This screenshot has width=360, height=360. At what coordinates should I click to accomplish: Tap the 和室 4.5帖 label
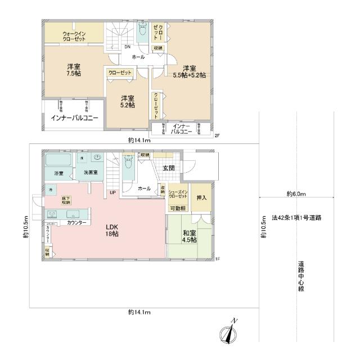click(x=189, y=236)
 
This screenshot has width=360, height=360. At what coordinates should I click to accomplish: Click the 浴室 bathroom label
click(x=58, y=173)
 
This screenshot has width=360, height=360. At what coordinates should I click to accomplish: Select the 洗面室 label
click(x=91, y=172)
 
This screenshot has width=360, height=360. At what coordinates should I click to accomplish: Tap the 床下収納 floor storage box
click(x=66, y=200)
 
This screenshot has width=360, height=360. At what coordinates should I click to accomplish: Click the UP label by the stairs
click(x=113, y=193)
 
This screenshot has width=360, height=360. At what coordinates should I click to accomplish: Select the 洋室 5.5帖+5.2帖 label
click(x=188, y=71)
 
